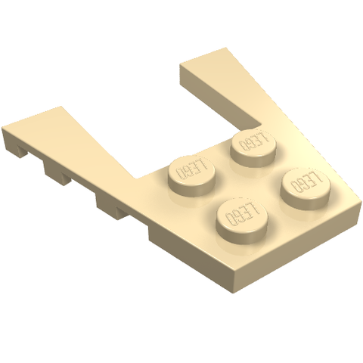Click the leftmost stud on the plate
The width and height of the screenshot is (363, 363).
[x=192, y=175]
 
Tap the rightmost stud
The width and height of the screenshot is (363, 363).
[x=306, y=188]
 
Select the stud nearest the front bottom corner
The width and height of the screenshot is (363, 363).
[x=242, y=218]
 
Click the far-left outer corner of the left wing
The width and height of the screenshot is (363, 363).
[x=2, y=128]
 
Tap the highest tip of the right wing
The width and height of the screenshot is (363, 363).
[x=225, y=48]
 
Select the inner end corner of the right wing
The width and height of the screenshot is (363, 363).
[x=180, y=65]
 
